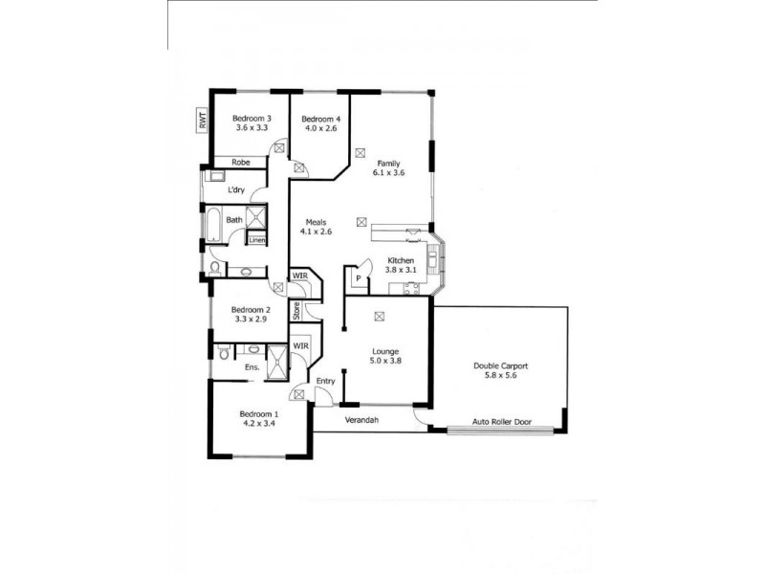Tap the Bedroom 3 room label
click(x=251, y=118)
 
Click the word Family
click(x=387, y=164)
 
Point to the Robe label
click(x=240, y=163)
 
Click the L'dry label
click(x=236, y=190)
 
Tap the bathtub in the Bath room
click(x=208, y=226)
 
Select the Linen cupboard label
click(x=256, y=240)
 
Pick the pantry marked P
click(x=358, y=278)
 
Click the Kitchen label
click(x=400, y=260)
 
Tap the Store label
click(x=296, y=310)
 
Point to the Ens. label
click(x=252, y=367)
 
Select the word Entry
click(x=326, y=381)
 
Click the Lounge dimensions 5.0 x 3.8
click(x=387, y=362)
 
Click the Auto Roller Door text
click(x=503, y=421)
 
